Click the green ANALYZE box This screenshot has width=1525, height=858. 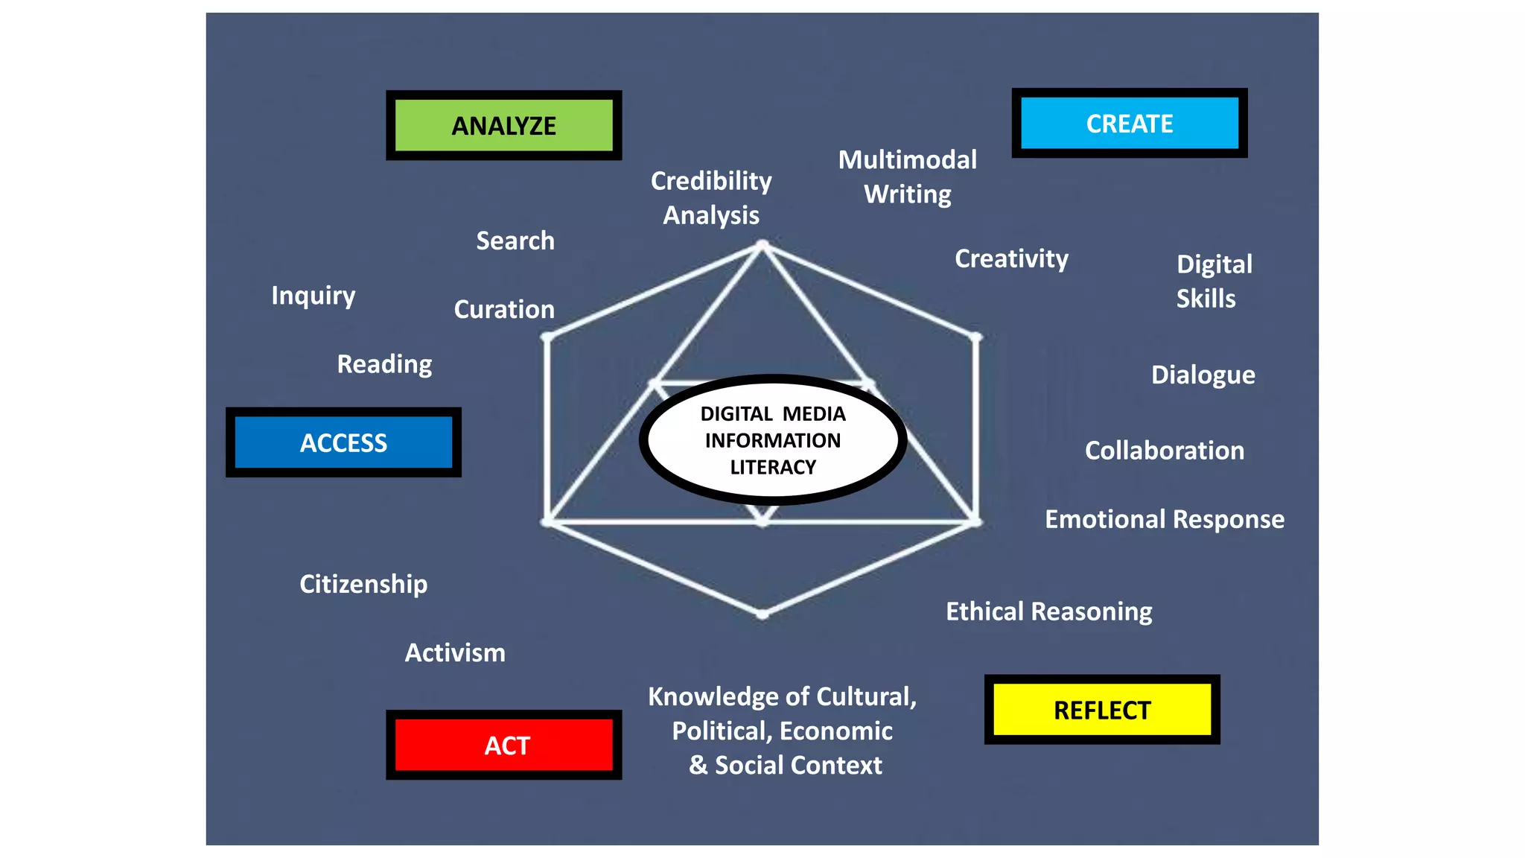point(503,125)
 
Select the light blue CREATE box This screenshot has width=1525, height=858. point(1129,123)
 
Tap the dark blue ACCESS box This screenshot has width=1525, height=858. point(343,442)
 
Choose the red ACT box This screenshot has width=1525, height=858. point(503,745)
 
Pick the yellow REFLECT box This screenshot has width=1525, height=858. point(1102,710)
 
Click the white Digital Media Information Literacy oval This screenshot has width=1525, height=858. point(772,440)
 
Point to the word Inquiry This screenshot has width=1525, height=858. point(313,296)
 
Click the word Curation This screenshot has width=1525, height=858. point(504,309)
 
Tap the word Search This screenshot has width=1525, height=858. point(515,241)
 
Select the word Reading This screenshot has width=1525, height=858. point(384,364)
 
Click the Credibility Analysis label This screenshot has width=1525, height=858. point(711,197)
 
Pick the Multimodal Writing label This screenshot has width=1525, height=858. point(907,177)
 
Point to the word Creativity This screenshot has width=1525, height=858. point(1011,258)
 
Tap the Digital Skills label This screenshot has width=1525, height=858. point(1214,282)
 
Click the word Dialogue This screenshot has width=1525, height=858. point(1203,375)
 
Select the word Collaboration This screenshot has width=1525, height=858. point(1164,451)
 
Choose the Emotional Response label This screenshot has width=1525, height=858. point(1164,519)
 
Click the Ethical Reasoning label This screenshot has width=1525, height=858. point(1048,611)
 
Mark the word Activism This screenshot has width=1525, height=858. point(455,652)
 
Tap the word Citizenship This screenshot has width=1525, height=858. point(363,584)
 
